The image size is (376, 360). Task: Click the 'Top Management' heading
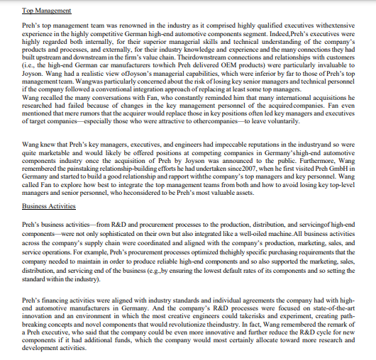click(47, 11)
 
